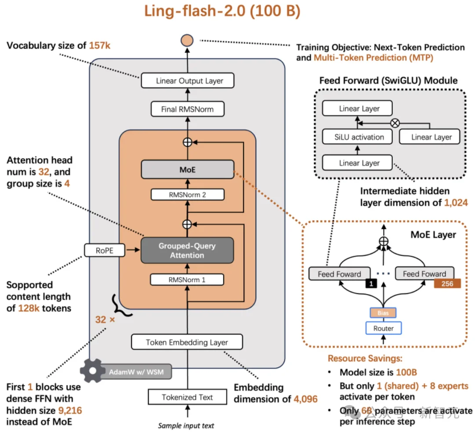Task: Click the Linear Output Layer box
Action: tap(187, 81)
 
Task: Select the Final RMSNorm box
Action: tap(187, 109)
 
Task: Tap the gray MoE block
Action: tap(187, 170)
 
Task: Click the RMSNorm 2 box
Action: tap(187, 195)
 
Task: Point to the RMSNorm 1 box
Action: tap(187, 280)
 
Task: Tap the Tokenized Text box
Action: tap(187, 397)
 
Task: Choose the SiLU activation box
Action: tap(359, 137)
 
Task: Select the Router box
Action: tap(384, 328)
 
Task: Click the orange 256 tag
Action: tap(447, 283)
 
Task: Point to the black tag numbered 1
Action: tap(371, 284)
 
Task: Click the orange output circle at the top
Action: tap(187, 41)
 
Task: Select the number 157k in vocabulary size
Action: tap(100, 45)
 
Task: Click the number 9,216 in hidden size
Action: tap(70, 410)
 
